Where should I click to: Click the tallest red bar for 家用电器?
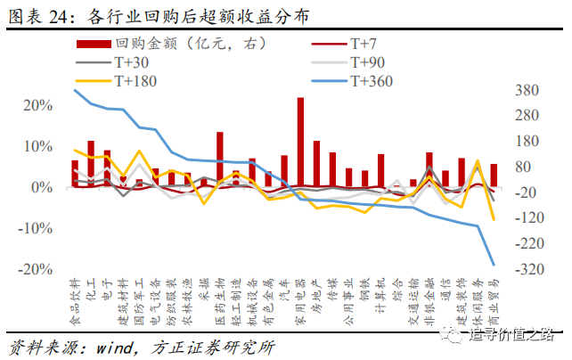click(300, 143)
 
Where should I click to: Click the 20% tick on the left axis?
click(37, 105)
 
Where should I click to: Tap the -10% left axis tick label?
click(34, 228)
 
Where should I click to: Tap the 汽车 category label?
click(284, 291)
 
